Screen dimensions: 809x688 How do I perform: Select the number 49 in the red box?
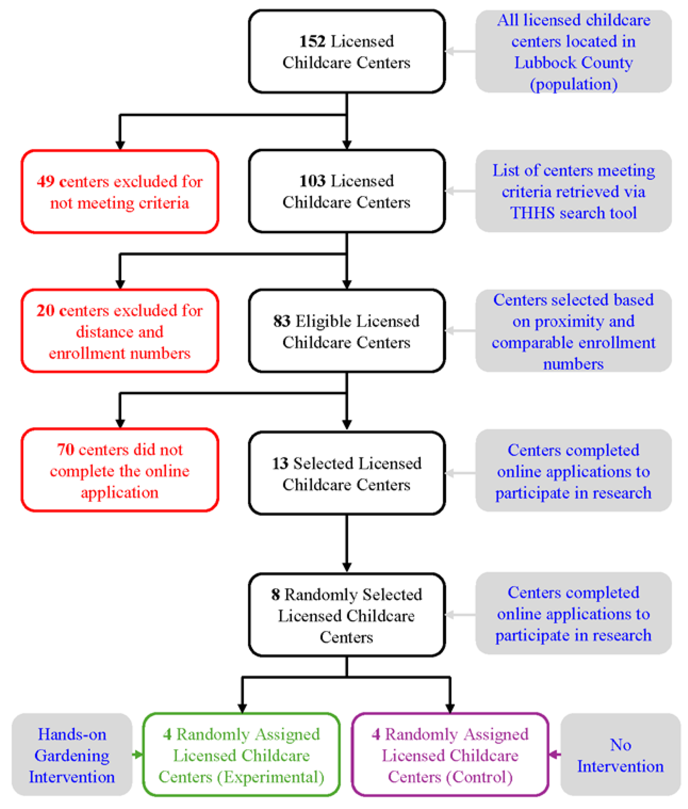46,181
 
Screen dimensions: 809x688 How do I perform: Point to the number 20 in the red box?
46,311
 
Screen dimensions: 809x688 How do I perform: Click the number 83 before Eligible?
282,321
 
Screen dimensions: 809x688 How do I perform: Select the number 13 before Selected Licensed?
280,464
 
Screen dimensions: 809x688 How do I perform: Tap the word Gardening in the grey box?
72,755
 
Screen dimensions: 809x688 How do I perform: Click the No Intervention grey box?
620,755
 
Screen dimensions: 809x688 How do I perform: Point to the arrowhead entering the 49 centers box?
120,145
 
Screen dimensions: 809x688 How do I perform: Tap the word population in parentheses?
573,84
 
